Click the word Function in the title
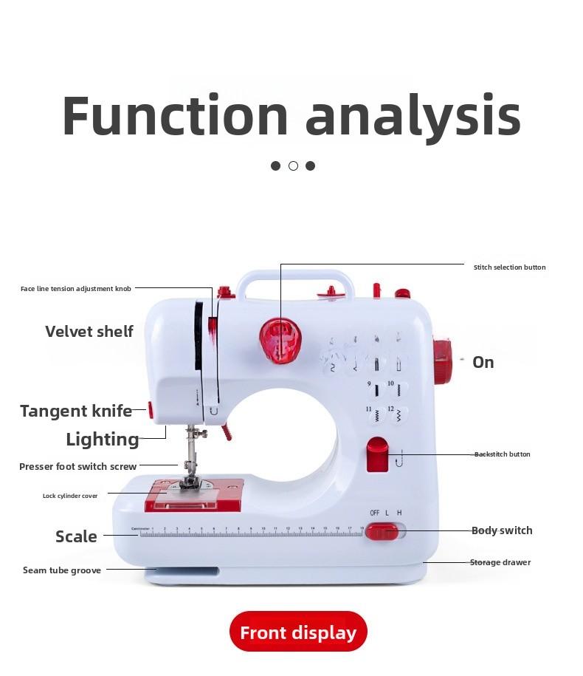coord(174,116)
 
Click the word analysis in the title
coord(413,116)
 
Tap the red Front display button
coord(298,632)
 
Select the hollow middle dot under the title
coord(293,165)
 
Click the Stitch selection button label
coord(509,267)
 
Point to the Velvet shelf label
coord(89,332)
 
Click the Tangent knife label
coord(76,412)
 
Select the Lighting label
coord(102,440)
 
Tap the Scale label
coord(76,536)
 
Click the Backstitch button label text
coord(503,454)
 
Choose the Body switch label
coord(502,530)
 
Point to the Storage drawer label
coord(500,563)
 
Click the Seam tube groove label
coord(62,570)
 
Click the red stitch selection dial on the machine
coord(280,340)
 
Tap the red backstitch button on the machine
coord(377,454)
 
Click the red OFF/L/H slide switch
coord(382,531)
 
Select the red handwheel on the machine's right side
coord(442,361)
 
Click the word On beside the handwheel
coord(483,362)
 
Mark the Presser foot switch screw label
coord(77,467)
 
